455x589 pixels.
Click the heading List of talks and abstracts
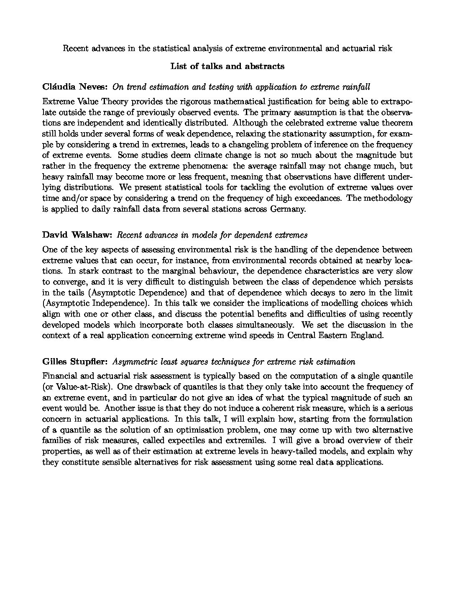[x=227, y=66]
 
